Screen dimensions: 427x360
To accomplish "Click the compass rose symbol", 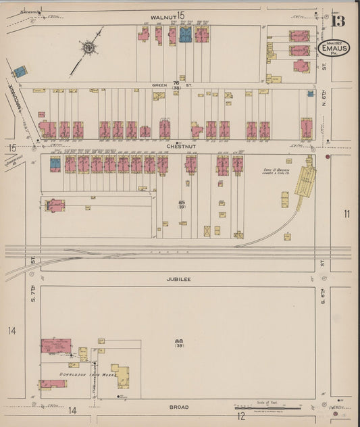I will [88, 47].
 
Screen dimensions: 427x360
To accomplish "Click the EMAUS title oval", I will [334, 50].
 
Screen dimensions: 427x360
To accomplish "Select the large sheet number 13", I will [338, 21].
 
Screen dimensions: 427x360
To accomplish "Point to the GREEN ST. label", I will [159, 85].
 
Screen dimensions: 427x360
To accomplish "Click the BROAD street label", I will [180, 407].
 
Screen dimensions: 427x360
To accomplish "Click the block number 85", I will [182, 201].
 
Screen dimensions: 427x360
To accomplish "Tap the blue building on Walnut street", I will [185, 35].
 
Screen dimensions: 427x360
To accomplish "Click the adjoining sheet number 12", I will [240, 416].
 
